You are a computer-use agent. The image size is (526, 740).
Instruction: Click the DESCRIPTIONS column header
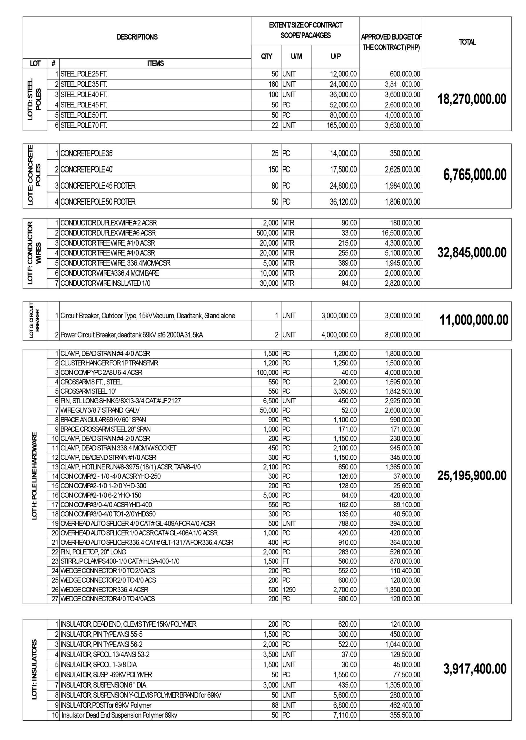tap(137, 37)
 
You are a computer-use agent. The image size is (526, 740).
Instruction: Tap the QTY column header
tap(266, 56)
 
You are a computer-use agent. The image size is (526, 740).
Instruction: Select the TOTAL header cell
tap(467, 42)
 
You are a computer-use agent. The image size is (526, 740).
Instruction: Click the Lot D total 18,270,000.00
tap(472, 99)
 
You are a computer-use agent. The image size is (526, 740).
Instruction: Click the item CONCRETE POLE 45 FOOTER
tap(98, 186)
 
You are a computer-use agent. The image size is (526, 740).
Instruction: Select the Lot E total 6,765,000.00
tap(475, 175)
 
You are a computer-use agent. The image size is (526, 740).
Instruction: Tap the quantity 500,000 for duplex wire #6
tap(267, 233)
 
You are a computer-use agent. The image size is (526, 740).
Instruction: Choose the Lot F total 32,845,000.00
tap(472, 253)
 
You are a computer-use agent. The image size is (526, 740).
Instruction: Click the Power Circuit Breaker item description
tap(132, 335)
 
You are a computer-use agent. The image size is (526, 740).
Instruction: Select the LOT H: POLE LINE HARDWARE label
tap(35, 476)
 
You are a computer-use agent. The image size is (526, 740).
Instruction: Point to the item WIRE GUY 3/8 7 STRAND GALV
tap(100, 410)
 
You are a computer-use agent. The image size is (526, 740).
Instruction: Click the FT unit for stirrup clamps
tap(286, 561)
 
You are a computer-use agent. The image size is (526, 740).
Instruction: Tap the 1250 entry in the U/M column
tap(289, 590)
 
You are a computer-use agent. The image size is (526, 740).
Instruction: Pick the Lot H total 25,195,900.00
tap(472, 476)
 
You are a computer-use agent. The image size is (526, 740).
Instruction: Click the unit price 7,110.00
tap(345, 715)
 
